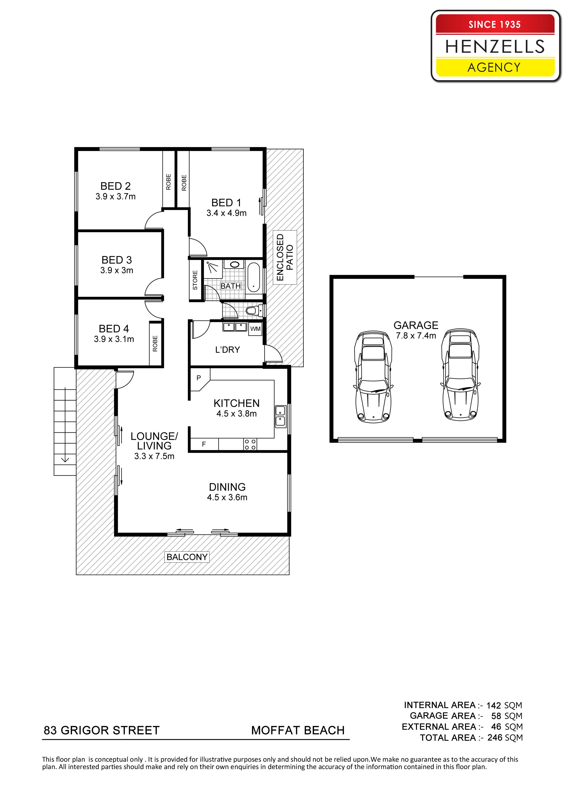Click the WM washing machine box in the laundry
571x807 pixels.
255,329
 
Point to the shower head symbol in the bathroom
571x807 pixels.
211,267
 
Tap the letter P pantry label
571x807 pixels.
199,378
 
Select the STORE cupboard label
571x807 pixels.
195,280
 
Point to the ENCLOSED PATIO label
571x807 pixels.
285,257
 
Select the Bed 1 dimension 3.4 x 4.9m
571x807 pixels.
227,213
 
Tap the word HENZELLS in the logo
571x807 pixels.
495,46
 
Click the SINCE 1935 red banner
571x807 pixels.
495,24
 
